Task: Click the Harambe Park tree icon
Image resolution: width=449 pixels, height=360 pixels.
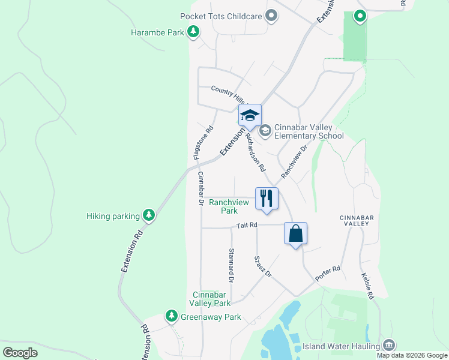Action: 193,32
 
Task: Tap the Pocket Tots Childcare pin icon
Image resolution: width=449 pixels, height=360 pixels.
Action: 271,16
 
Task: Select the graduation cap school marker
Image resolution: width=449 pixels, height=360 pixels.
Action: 250,116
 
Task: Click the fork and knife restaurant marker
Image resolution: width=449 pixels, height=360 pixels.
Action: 267,199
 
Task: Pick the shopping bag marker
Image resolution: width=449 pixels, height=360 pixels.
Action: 295,233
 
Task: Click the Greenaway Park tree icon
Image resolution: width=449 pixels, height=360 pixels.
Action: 172,316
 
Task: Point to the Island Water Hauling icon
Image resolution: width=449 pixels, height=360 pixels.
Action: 389,346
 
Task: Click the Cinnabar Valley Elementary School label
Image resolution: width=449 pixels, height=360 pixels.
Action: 309,131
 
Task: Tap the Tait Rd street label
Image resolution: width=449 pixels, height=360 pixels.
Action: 247,225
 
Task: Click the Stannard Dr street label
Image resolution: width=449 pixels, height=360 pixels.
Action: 231,266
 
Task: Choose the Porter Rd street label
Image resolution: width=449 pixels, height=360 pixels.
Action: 328,274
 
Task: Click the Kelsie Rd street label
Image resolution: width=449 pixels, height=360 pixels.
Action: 368,287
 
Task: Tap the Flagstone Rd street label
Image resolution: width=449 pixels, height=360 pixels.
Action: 203,142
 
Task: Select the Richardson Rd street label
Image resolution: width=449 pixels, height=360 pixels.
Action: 255,152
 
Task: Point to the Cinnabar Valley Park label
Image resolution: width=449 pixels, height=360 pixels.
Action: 211,299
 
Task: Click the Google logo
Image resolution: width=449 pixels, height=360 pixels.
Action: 20,353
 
